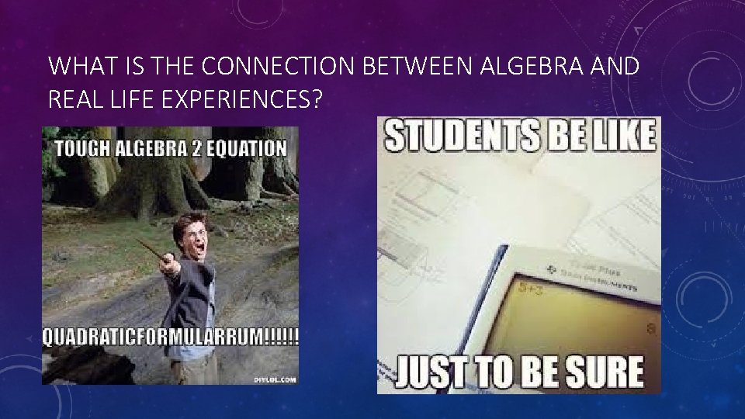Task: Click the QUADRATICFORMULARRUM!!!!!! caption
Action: click(x=170, y=338)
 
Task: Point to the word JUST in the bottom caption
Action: click(x=432, y=372)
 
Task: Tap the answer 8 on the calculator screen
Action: click(x=650, y=328)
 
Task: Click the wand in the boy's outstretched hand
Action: click(x=152, y=252)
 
